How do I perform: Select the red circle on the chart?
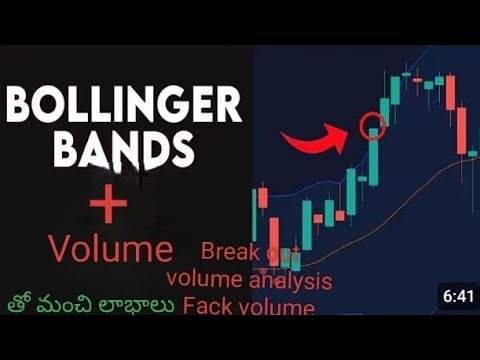click(373, 127)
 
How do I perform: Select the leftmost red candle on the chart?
click(262, 198)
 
